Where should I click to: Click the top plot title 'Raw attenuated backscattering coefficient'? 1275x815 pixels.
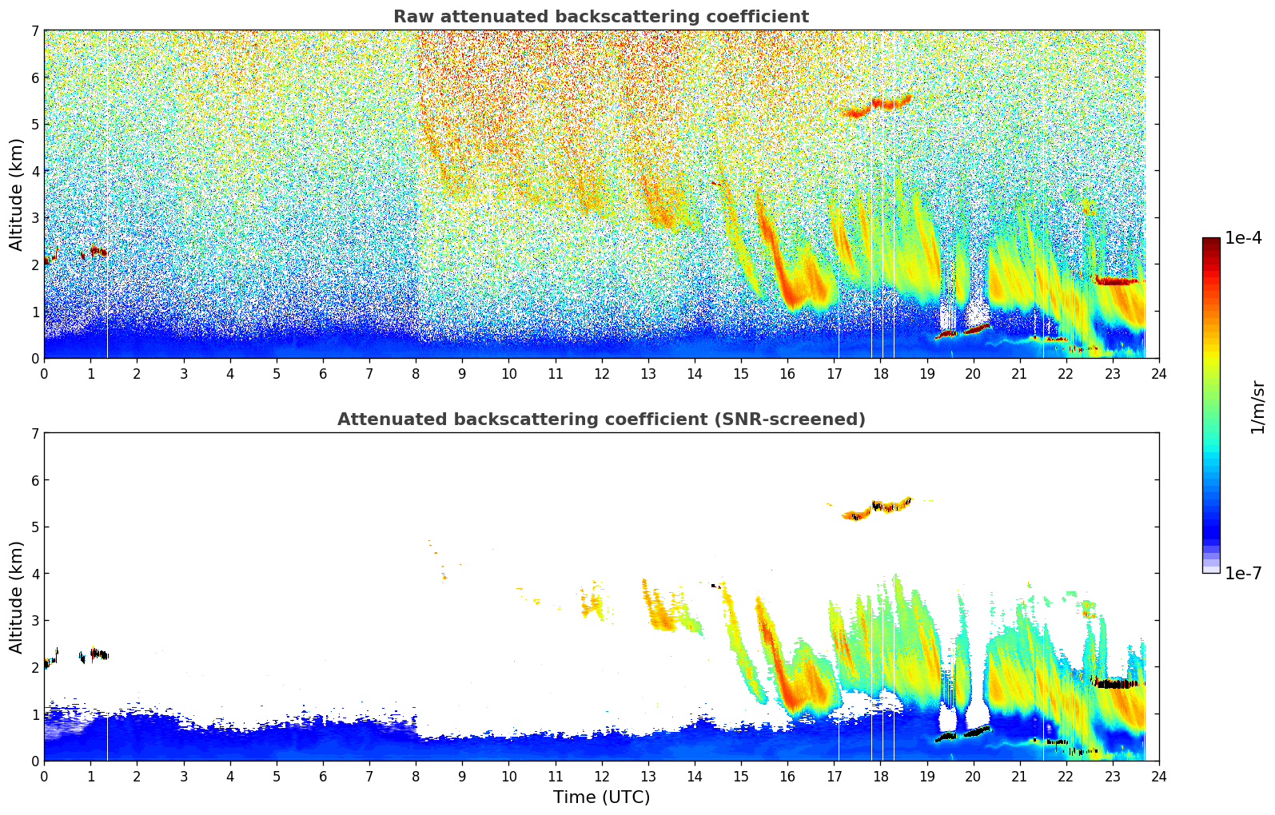point(600,17)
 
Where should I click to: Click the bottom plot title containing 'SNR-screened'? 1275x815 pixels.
point(600,419)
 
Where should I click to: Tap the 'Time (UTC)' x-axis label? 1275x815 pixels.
point(601,797)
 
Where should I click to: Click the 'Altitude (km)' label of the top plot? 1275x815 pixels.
point(17,194)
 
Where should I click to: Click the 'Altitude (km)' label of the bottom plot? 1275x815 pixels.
point(17,597)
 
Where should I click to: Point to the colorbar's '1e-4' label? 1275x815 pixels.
point(1243,238)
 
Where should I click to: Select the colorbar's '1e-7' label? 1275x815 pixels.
point(1243,573)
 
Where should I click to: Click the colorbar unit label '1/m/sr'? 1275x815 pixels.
point(1257,406)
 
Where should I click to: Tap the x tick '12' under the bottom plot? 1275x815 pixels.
point(601,777)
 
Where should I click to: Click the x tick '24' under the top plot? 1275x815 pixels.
point(1158,374)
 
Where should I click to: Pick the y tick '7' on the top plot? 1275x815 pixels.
point(34,31)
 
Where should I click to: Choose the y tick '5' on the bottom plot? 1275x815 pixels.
point(34,527)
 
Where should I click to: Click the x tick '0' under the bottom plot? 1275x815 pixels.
point(44,777)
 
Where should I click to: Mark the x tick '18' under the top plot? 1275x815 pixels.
point(880,374)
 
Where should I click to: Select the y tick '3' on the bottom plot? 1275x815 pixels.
point(34,621)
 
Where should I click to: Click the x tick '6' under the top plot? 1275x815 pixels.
point(323,374)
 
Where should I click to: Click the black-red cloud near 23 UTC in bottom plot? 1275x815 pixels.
point(1116,683)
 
